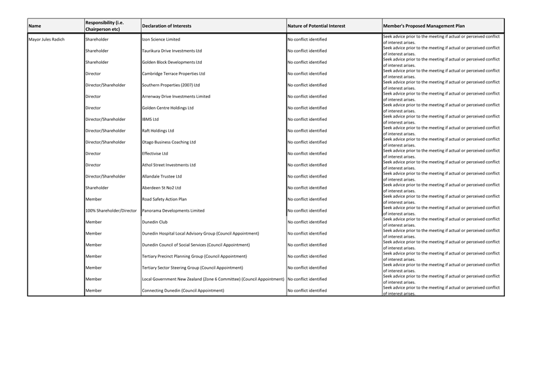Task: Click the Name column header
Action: (35, 26)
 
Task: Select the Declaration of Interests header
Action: (167, 26)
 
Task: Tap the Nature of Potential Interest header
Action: (316, 26)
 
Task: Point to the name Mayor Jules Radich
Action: (47, 39)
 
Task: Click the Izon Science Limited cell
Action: (161, 39)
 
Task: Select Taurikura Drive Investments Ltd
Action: (172, 51)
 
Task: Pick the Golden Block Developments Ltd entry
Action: (172, 62)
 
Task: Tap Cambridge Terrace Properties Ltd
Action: (174, 74)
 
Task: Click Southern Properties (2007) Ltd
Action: (171, 85)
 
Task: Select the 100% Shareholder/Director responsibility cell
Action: (111, 210)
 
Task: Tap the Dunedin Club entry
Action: (155, 222)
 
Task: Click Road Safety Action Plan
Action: (164, 199)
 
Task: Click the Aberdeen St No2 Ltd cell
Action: (162, 188)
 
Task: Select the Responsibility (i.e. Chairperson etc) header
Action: (105, 26)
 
